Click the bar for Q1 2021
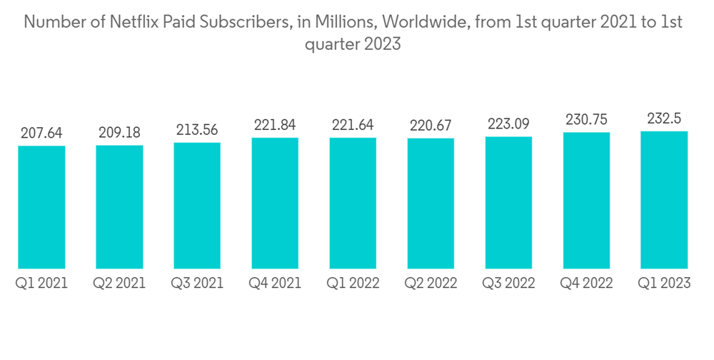click(41, 207)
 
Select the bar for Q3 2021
click(197, 206)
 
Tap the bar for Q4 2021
click(275, 203)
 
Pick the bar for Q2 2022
click(431, 204)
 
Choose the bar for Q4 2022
click(586, 201)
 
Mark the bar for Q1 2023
click(664, 200)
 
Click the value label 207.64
click(41, 133)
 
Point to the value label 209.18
click(119, 132)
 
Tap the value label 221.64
click(353, 125)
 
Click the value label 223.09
click(508, 124)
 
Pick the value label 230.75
click(586, 119)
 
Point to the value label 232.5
click(664, 118)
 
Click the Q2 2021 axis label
click(119, 284)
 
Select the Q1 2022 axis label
click(353, 284)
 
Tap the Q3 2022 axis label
click(508, 284)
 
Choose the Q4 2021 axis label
click(275, 284)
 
